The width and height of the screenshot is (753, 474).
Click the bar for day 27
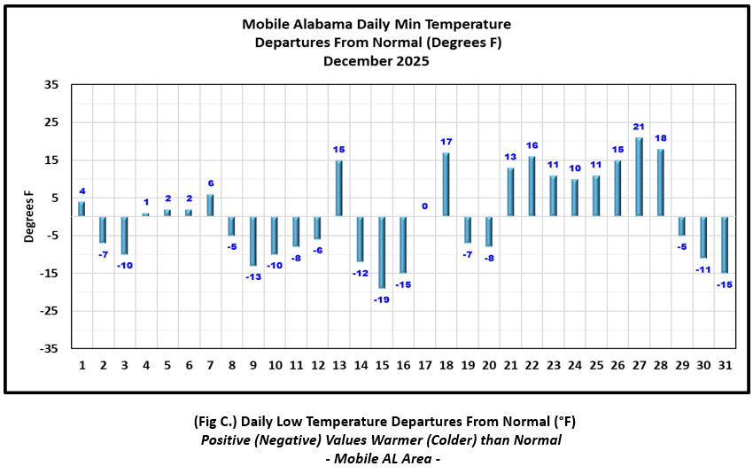(640, 176)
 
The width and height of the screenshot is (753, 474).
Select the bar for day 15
(382, 252)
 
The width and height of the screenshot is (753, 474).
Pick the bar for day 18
(446, 184)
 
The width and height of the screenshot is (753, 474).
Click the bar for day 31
(725, 245)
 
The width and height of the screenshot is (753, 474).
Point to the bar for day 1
(82, 209)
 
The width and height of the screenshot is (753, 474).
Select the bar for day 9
(253, 241)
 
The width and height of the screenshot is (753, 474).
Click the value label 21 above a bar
(639, 127)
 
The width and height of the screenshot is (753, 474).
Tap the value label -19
(382, 299)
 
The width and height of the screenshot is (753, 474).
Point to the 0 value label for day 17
(425, 206)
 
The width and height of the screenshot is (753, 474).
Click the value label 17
(446, 142)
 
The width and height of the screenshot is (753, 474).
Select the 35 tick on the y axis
(51, 85)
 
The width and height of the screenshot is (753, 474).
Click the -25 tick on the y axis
(50, 311)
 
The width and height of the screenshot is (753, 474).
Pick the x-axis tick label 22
(532, 365)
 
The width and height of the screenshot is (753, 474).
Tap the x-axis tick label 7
(210, 365)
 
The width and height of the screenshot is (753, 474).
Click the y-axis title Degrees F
(29, 217)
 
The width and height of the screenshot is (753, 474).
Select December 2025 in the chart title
(376, 61)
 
